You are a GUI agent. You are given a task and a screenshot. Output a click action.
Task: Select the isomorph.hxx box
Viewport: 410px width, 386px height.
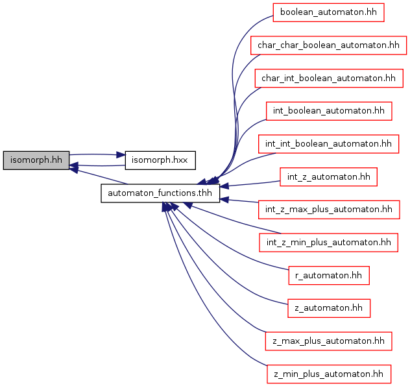coord(160,159)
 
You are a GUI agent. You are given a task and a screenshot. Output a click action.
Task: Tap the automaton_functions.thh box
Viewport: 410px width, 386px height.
coord(160,193)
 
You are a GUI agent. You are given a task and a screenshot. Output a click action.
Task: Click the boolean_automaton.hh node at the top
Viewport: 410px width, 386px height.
coord(328,12)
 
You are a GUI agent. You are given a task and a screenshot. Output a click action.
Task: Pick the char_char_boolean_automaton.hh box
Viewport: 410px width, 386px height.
coord(328,45)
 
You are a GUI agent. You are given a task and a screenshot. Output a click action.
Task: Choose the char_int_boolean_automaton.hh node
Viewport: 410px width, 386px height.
coord(328,78)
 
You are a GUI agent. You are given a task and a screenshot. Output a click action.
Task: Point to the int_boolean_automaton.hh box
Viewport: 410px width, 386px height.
coord(328,111)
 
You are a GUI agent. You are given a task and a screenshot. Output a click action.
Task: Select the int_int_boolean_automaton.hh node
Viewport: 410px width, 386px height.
coord(328,143)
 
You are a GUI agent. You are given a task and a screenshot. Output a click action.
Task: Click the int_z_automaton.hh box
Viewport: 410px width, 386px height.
coord(328,176)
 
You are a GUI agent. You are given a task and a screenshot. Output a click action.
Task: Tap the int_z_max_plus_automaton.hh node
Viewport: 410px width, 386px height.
coord(328,210)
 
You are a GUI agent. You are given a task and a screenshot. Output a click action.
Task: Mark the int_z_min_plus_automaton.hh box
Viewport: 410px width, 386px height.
coord(328,243)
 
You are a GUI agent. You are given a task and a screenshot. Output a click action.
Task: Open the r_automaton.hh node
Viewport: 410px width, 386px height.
coord(328,275)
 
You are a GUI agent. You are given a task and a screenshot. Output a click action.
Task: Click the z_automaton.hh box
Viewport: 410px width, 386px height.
coord(328,308)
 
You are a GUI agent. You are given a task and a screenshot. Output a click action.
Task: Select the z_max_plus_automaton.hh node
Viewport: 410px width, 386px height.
coord(328,341)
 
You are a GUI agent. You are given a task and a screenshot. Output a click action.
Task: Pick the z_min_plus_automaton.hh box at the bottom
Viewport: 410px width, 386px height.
coord(328,374)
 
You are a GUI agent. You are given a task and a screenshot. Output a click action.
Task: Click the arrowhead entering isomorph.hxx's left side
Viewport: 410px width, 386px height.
coord(121,155)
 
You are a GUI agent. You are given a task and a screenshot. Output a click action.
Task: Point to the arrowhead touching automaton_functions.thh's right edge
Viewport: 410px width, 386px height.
coord(224,187)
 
